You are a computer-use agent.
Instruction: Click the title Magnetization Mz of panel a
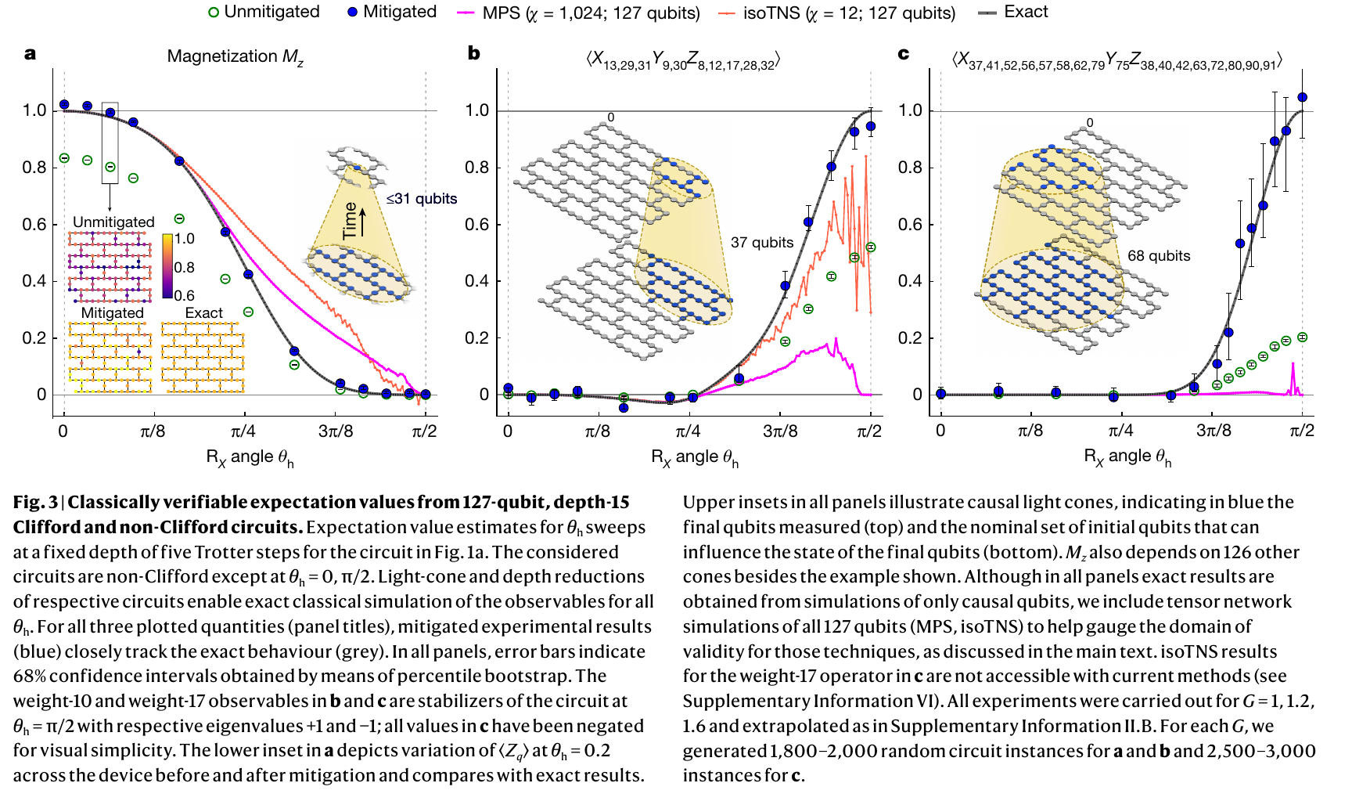235,56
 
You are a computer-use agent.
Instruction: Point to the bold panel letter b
473,53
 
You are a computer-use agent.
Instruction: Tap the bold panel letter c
904,53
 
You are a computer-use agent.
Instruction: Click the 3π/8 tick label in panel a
336,431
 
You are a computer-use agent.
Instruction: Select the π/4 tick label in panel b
689,431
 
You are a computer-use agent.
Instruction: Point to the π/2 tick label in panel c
1302,431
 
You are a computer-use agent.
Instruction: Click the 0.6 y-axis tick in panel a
34,224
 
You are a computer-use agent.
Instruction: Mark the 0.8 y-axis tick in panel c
910,167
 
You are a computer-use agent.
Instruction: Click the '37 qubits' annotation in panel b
762,243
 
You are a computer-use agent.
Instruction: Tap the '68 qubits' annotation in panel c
1159,256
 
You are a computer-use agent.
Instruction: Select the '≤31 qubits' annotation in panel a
422,199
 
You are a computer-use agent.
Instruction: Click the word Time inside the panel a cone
350,220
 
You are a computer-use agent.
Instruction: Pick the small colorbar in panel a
167,266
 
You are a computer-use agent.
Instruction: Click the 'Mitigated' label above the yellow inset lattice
113,312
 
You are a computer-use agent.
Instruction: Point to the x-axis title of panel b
695,457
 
